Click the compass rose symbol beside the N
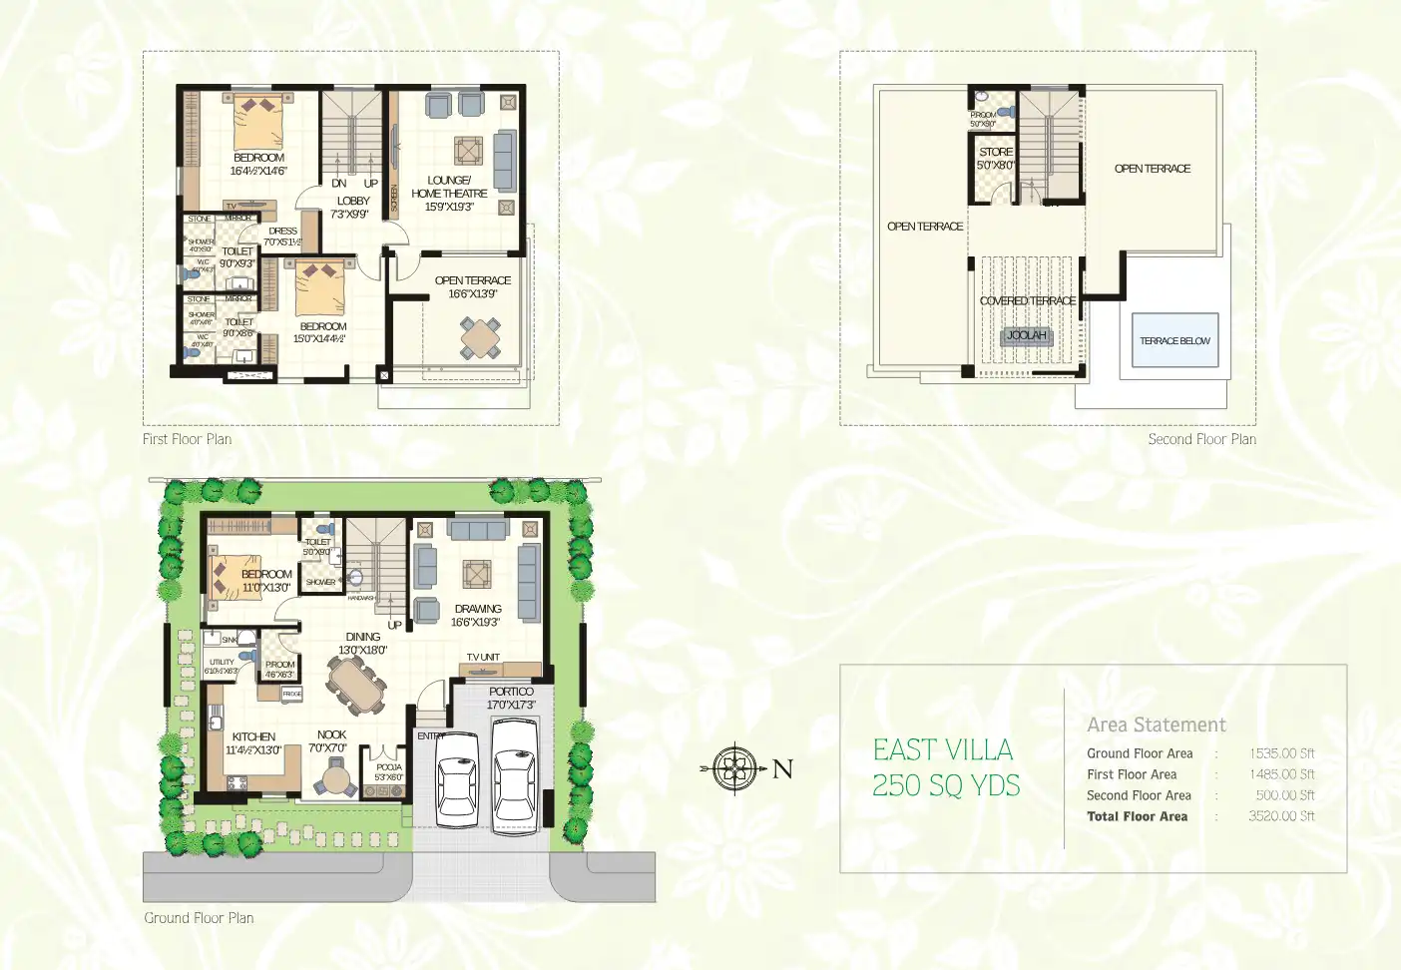[x=734, y=768]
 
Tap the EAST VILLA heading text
[x=942, y=749]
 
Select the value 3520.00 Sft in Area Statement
[x=1280, y=816]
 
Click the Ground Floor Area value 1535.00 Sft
[x=1281, y=753]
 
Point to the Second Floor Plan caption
[x=1201, y=439]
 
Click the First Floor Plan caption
[x=187, y=439]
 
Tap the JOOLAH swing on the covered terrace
[x=1026, y=335]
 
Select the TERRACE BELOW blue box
[x=1174, y=340]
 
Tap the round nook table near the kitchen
[x=336, y=776]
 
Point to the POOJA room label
[x=388, y=767]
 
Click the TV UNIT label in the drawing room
[x=483, y=657]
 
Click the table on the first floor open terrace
[x=480, y=337]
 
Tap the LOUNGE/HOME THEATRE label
[x=449, y=187]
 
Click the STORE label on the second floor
[x=995, y=152]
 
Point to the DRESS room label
[x=282, y=231]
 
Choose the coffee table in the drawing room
[x=476, y=574]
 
